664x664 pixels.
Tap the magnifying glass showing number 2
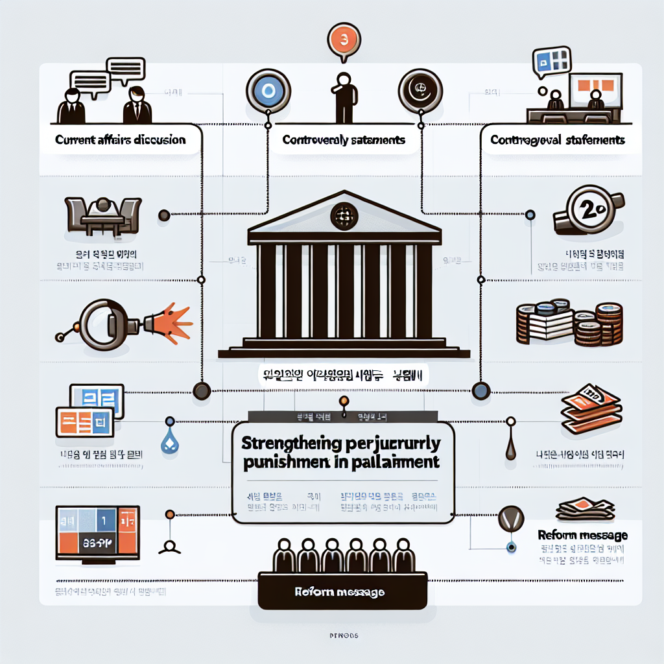click(587, 211)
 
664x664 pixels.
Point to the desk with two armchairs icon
click(104, 216)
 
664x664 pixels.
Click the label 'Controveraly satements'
click(344, 139)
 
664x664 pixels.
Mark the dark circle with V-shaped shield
click(510, 521)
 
